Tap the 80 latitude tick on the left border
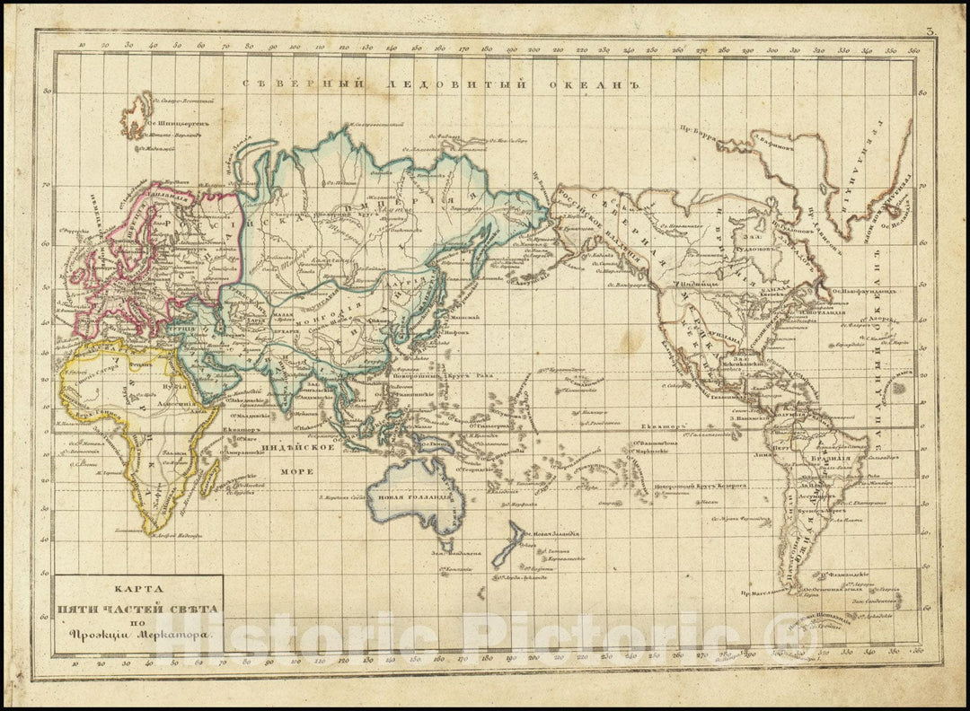[47, 91]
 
